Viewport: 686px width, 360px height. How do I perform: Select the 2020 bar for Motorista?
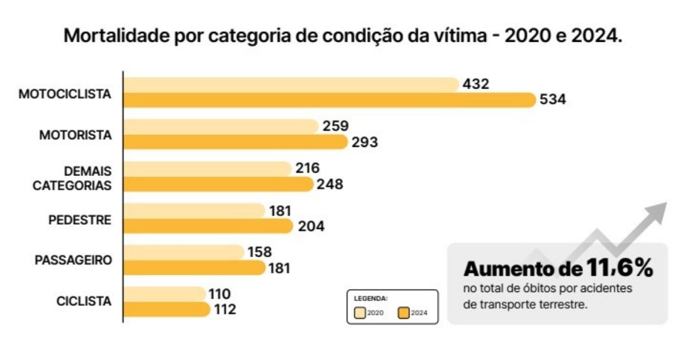click(221, 126)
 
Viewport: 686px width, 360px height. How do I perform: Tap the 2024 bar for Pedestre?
click(208, 226)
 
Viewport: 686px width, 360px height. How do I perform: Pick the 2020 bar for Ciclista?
click(165, 294)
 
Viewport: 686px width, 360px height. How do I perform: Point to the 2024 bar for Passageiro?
click(194, 268)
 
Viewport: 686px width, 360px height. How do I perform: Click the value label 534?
click(553, 100)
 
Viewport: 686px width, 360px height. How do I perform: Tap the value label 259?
click(335, 126)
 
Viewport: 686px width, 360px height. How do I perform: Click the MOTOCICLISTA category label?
click(65, 94)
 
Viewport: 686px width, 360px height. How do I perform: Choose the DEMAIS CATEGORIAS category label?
click(79, 178)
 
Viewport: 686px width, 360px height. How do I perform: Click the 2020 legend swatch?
click(360, 313)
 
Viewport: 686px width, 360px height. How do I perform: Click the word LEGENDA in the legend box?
click(371, 298)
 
